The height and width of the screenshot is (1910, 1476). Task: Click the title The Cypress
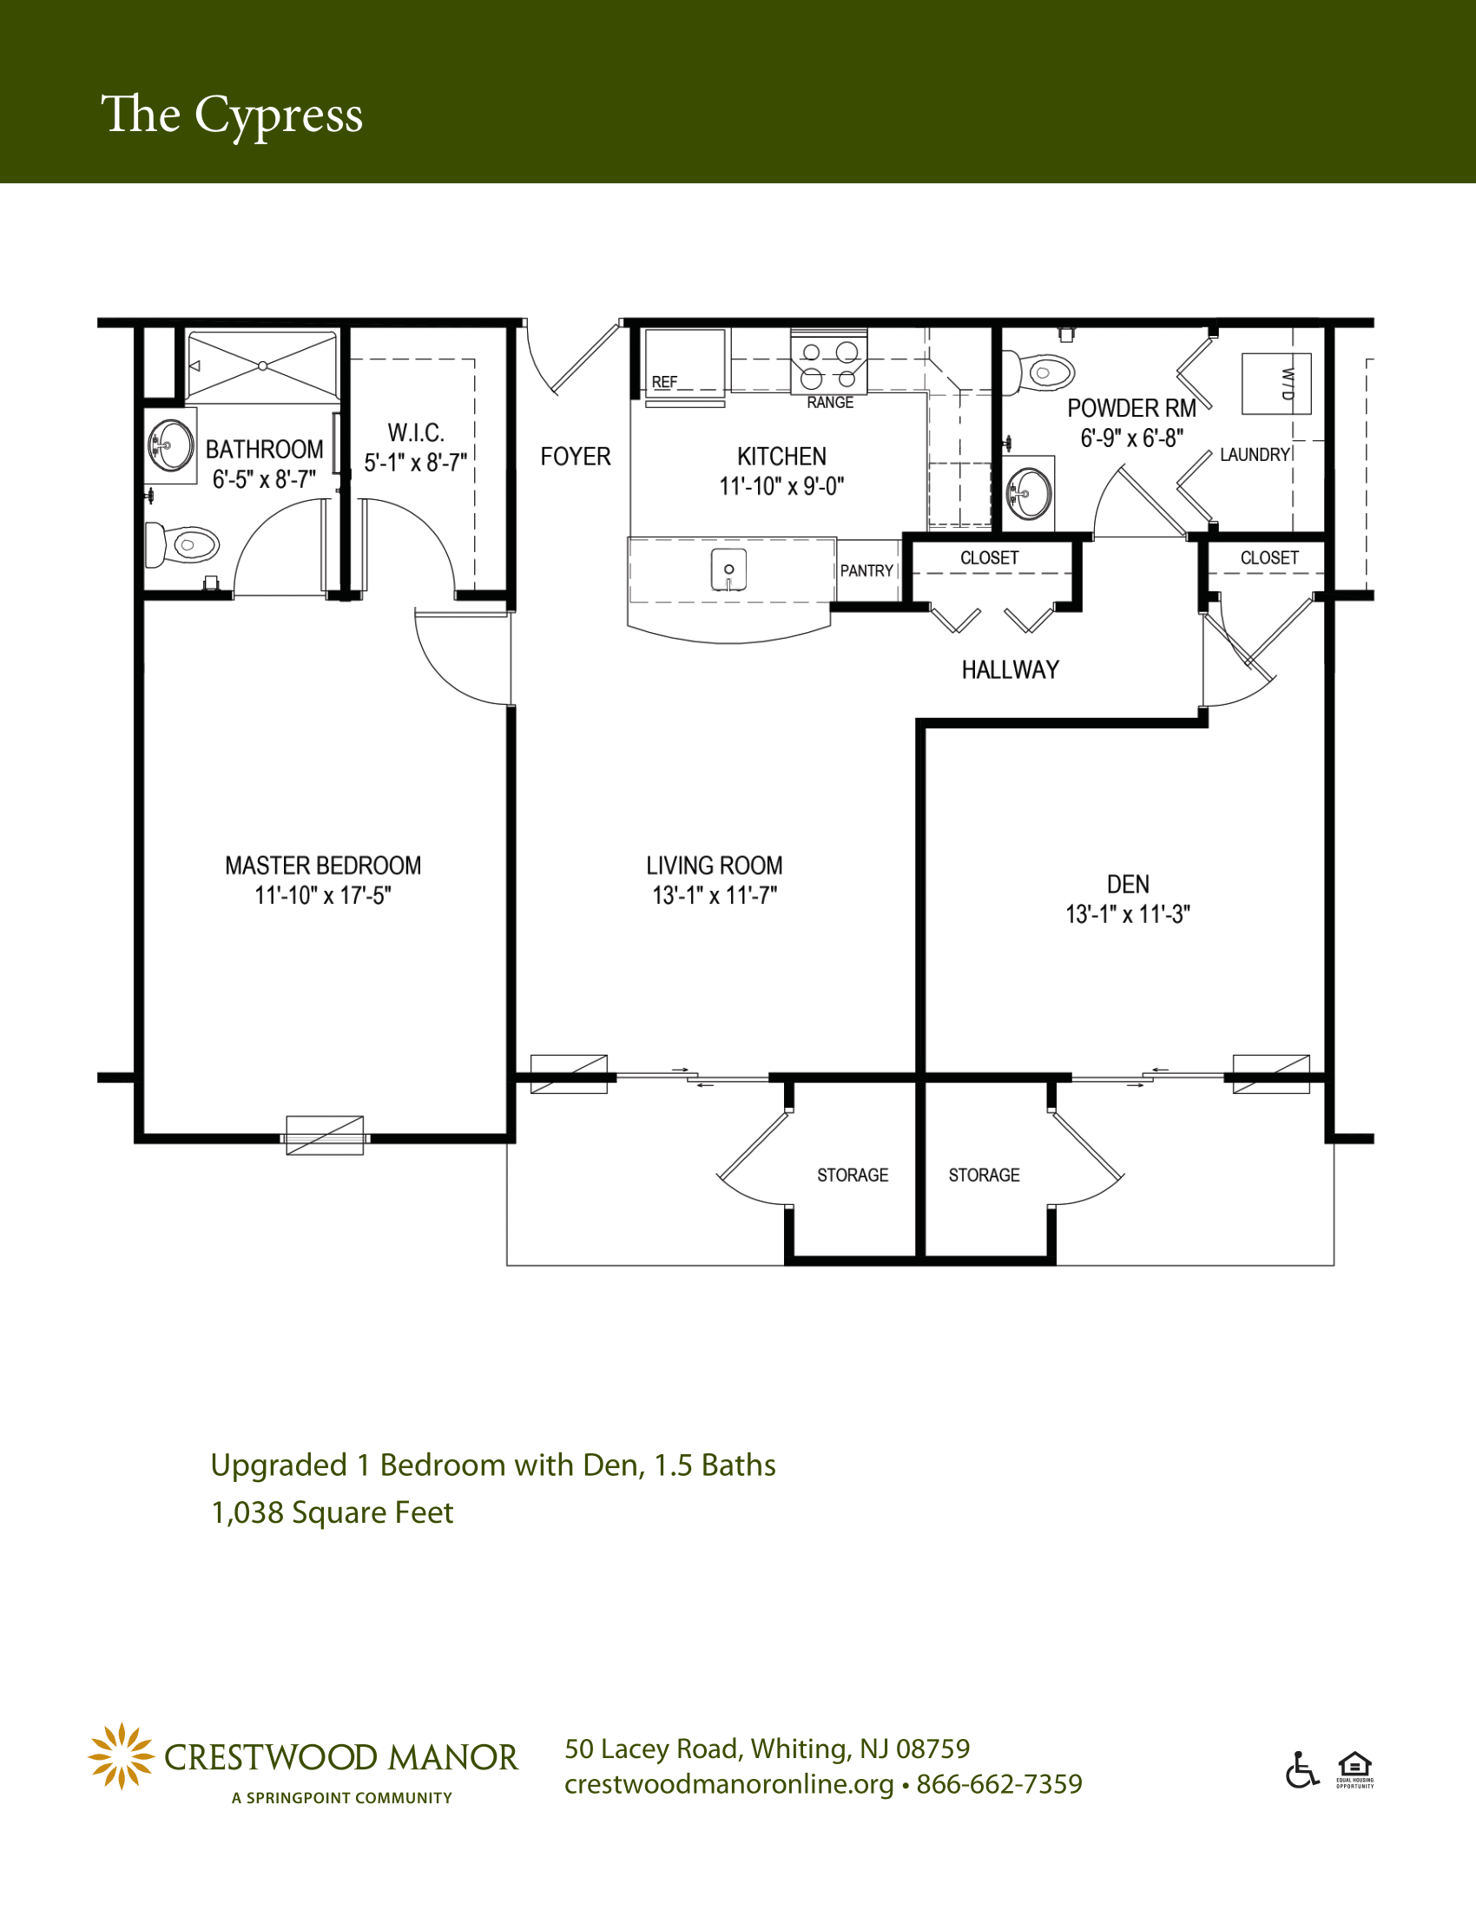point(232,115)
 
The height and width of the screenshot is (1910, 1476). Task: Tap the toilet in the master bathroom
point(181,545)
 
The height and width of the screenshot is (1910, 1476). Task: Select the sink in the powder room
point(1029,493)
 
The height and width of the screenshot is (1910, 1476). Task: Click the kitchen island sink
point(728,570)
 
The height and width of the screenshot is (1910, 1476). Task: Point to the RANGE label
point(830,402)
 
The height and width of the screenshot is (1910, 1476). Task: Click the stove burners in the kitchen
point(829,365)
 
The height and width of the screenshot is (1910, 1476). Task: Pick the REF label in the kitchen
point(664,382)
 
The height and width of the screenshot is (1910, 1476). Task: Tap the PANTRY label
point(866,571)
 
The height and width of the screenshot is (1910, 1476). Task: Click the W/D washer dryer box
point(1276,384)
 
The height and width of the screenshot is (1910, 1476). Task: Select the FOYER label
point(576,457)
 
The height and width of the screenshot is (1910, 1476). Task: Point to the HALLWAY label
point(1010,670)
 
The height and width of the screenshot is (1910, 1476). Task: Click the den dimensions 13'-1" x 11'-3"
point(1128,915)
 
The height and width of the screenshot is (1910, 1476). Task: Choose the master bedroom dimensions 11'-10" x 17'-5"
point(323,896)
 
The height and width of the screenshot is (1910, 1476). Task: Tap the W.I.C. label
point(416,433)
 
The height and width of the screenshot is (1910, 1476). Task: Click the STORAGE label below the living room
point(853,1176)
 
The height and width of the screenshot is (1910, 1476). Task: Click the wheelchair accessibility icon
point(1302,1769)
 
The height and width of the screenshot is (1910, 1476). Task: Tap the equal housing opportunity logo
point(1354,1770)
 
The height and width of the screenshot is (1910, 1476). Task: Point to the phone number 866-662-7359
point(999,1784)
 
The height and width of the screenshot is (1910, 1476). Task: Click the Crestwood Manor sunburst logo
point(122,1756)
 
